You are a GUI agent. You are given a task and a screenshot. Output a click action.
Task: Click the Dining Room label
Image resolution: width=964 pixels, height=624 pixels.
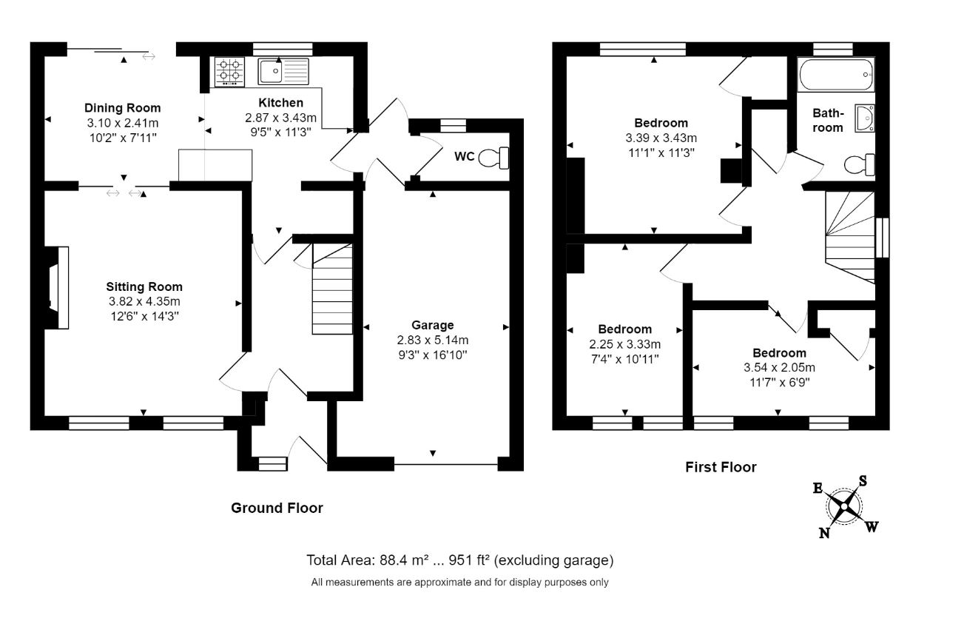(x=122, y=107)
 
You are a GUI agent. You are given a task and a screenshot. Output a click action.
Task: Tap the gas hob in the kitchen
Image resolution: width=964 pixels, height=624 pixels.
(x=230, y=72)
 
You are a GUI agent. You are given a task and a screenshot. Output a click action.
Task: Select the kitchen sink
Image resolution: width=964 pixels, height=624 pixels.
(x=283, y=72)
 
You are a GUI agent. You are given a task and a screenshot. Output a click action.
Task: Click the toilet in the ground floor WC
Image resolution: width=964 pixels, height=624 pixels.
(x=493, y=158)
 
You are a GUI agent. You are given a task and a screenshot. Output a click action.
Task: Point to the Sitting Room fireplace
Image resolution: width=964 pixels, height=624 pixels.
(x=58, y=287)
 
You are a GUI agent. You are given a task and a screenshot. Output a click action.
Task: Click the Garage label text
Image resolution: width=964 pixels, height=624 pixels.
(x=433, y=325)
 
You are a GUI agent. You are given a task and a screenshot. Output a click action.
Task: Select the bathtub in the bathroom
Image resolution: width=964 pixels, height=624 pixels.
(x=836, y=75)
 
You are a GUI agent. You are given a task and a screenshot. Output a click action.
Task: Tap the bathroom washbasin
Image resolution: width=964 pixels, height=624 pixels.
(x=864, y=118)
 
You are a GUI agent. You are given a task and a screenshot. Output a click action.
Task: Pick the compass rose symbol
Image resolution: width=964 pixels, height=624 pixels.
(x=844, y=507)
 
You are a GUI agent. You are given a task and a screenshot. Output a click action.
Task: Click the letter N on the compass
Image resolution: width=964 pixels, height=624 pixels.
(x=824, y=533)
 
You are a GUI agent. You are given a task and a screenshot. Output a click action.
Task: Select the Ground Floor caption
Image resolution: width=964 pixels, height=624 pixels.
(x=277, y=509)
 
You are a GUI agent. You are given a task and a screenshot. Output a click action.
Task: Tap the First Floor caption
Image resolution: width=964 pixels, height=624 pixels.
(x=721, y=467)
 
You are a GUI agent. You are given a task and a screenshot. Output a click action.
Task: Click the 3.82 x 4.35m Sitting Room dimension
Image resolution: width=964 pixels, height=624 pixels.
(x=144, y=301)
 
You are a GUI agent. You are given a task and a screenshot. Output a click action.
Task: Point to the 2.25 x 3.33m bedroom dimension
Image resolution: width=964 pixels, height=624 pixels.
(x=625, y=344)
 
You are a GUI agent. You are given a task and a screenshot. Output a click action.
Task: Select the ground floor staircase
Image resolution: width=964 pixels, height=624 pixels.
(x=332, y=289)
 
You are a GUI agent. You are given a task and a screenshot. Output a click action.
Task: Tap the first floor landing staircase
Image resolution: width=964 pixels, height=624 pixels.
(x=850, y=238)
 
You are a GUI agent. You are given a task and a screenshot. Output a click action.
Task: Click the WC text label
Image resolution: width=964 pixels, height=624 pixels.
(x=465, y=156)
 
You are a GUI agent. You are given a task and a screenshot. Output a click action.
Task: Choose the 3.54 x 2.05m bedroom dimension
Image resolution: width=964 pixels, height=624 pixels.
(x=779, y=367)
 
